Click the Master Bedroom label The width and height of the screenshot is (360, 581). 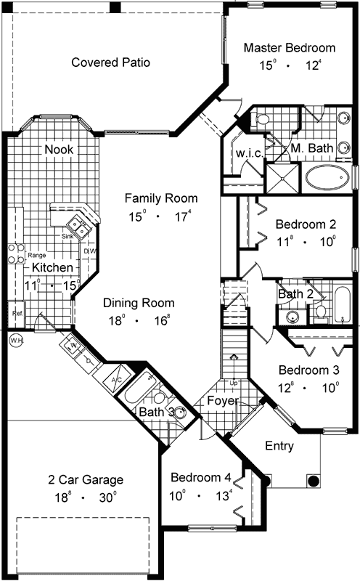[289, 48]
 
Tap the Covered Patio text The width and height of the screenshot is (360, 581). [110, 62]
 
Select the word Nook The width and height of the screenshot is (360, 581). [60, 150]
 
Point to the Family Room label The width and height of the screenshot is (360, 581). [160, 198]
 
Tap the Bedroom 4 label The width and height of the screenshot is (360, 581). [201, 478]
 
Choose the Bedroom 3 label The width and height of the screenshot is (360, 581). [308, 370]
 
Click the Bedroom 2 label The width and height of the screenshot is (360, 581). [305, 223]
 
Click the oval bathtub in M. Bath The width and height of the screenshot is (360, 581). [327, 176]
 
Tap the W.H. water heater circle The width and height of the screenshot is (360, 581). [15, 340]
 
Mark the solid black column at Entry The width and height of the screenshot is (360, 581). [314, 480]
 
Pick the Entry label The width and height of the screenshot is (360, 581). [279, 445]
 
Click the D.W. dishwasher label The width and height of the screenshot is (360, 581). [90, 251]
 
